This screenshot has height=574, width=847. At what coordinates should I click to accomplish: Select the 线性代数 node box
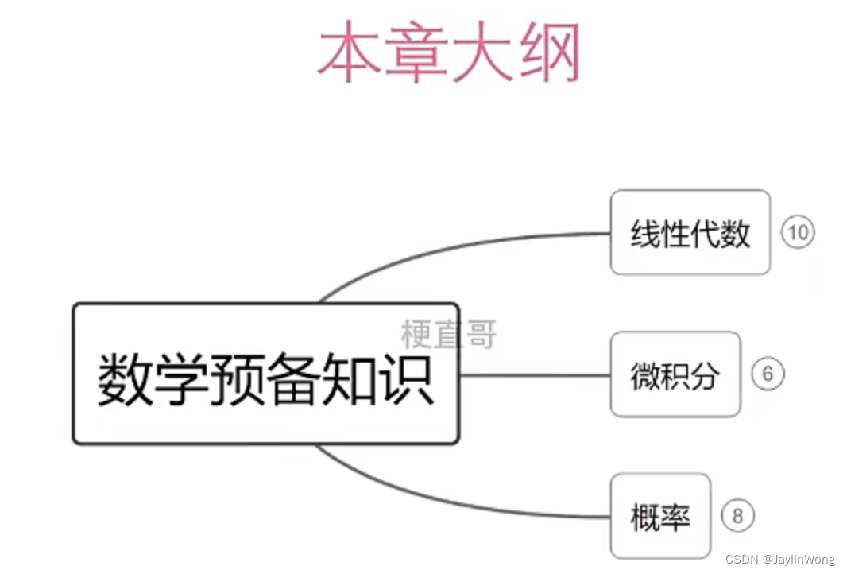coord(690,232)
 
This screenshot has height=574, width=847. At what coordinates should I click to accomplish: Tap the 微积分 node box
coord(675,374)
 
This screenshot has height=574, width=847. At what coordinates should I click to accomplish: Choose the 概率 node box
coord(659,516)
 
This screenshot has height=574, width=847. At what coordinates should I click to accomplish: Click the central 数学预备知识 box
coord(265,374)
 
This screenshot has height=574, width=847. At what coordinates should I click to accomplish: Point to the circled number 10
coord(798,232)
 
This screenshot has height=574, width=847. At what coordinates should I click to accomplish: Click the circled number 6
coord(768,374)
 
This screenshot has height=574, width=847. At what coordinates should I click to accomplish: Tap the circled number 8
coord(737,517)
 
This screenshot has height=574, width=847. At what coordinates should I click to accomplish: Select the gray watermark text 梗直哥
coord(449,334)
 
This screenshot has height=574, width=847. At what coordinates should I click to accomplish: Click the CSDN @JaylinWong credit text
coord(780,560)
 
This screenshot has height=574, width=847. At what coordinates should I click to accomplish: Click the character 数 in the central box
coord(126,380)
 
